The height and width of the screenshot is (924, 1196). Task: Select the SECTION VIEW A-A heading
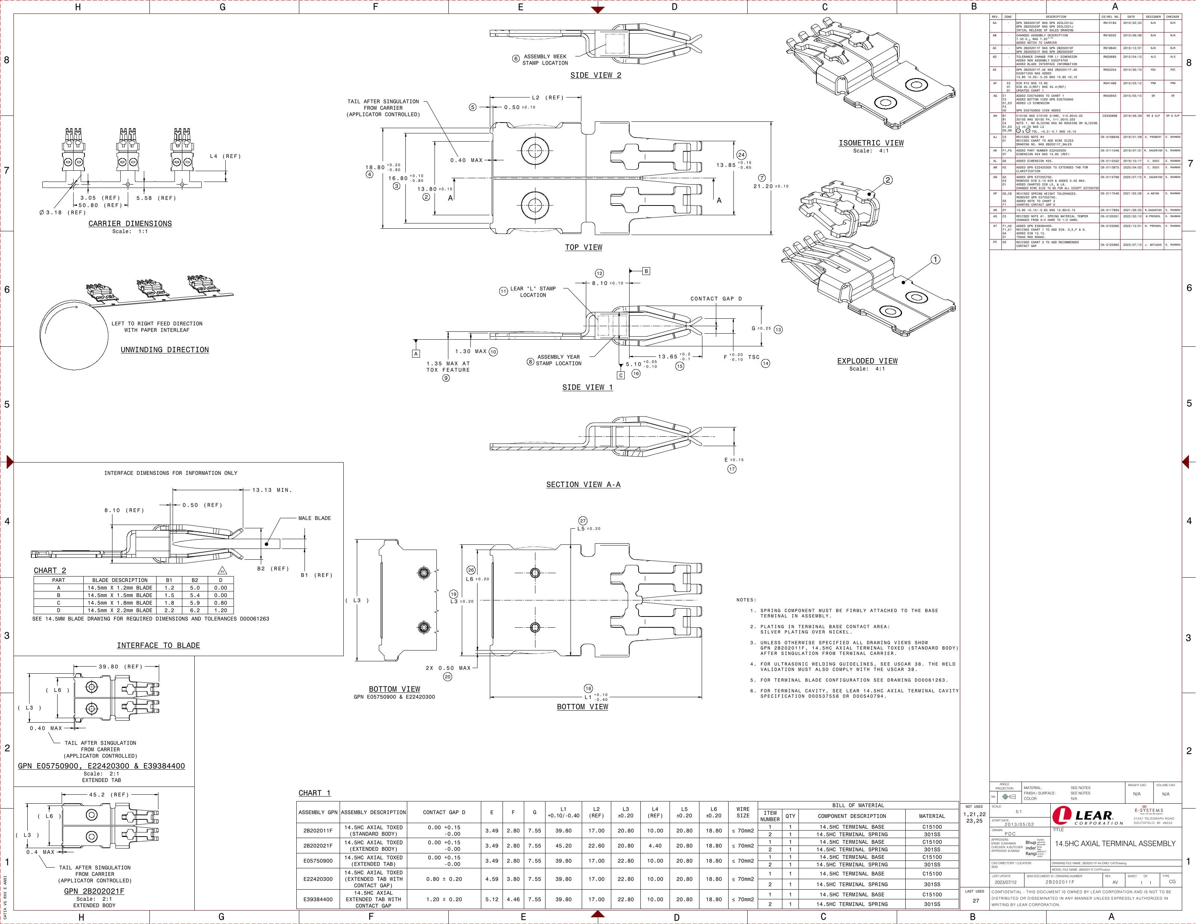coord(583,485)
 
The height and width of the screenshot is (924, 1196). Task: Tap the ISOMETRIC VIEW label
coord(871,143)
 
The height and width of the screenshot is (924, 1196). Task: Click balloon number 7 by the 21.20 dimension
coord(762,177)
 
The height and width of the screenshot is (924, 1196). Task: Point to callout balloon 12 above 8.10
coord(600,273)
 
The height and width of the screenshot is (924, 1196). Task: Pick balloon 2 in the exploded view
coord(888,180)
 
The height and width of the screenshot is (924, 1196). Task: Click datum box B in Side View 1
coord(646,271)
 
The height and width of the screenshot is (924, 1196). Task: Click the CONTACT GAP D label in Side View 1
coord(716,299)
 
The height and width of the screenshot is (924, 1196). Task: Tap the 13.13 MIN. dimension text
coord(272,490)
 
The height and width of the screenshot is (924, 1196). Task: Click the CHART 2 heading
coord(50,571)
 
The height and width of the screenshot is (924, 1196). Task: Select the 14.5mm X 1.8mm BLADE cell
coord(120,603)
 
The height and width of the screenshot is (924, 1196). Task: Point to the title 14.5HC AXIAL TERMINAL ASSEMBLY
coord(1115,844)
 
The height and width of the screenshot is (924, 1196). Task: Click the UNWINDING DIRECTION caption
coord(164,350)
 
